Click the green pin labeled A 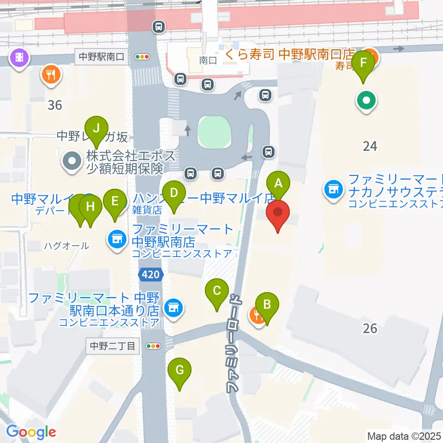click(278, 183)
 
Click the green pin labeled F click(363, 63)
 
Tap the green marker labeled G click(180, 370)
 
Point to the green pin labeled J click(96, 127)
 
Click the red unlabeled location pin click(278, 213)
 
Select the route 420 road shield click(151, 275)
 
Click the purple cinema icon click(19, 58)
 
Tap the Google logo click(31, 432)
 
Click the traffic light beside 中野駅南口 click(142, 57)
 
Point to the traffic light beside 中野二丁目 click(153, 346)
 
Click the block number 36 click(54, 105)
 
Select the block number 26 click(370, 328)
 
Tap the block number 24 click(370, 146)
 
